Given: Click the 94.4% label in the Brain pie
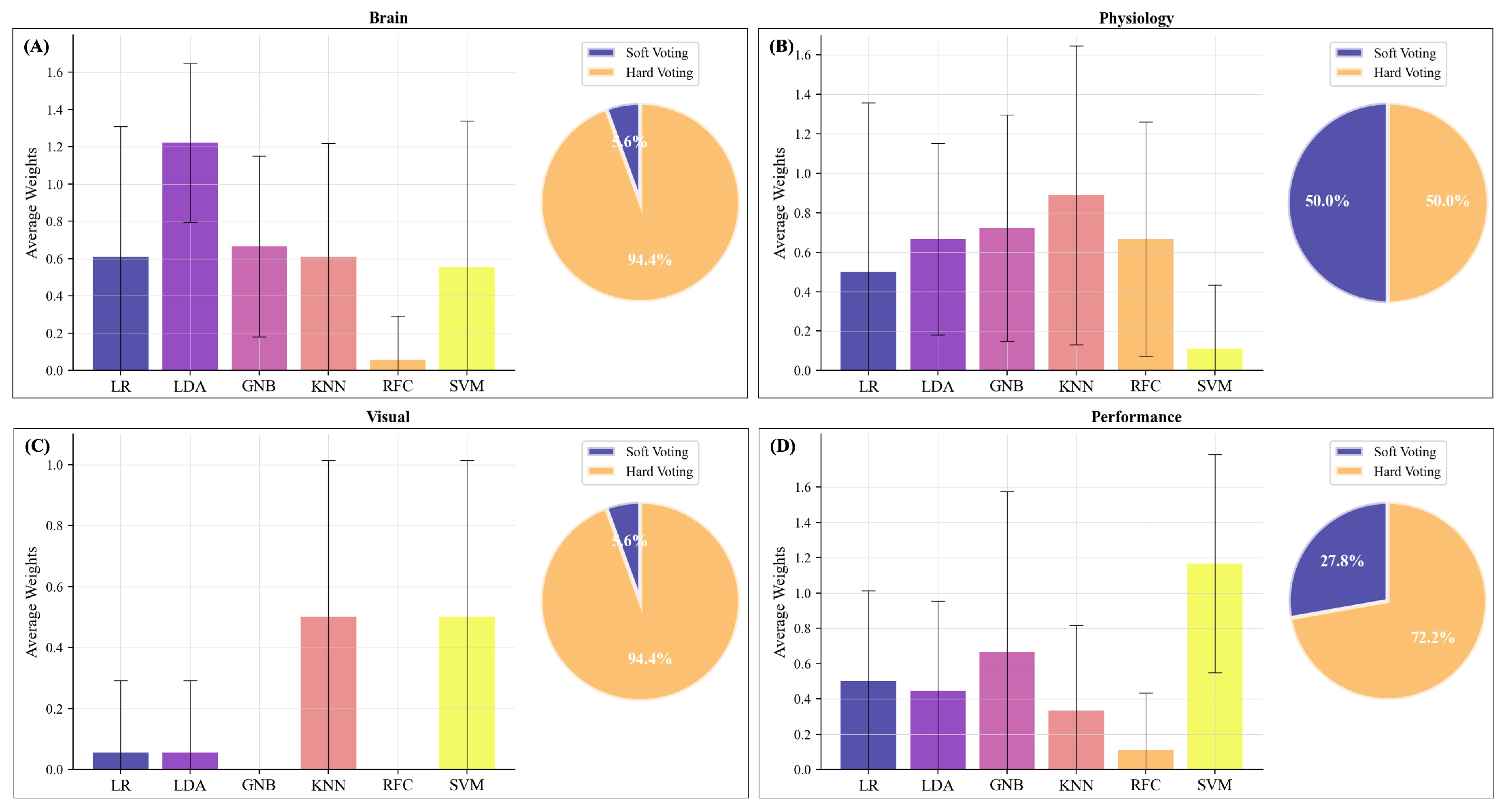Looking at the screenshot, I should coord(649,260).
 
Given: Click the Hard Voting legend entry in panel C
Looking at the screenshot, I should coord(659,472).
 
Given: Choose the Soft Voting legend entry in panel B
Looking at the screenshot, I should coord(1404,53).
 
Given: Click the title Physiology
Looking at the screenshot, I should coord(1136,18).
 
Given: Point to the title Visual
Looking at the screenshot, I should coord(388,417).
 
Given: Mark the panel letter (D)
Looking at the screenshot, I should coord(782,446).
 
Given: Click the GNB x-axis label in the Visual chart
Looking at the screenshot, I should coord(259,785).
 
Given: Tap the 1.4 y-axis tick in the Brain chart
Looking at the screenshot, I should coord(55,110).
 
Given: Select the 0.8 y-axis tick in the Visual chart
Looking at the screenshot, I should coord(55,526).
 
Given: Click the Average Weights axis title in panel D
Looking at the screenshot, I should coord(779,602).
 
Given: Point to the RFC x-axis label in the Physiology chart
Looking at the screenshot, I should coord(1145,386).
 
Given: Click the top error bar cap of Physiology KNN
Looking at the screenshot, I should coord(1076,46).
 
